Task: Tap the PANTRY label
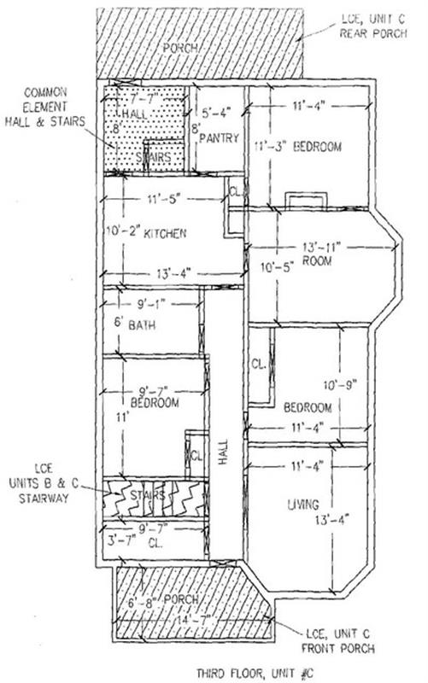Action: (221, 139)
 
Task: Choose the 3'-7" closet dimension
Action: (120, 540)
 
